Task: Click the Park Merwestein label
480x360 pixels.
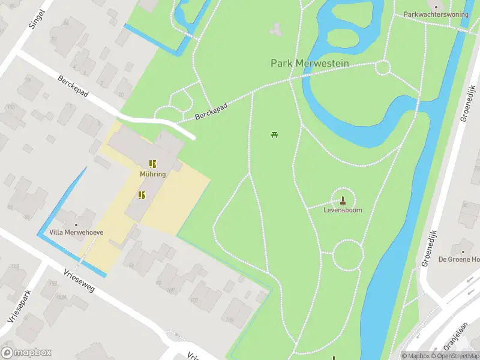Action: tap(307, 63)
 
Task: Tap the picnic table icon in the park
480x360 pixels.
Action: tap(275, 134)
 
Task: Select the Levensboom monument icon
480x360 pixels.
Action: tap(343, 200)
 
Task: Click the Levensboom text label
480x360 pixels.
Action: tap(343, 211)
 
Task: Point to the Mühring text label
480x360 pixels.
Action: tap(153, 174)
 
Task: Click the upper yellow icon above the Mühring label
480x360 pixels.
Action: tap(153, 163)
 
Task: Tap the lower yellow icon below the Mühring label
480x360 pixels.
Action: tap(142, 194)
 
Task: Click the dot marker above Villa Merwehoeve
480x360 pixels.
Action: tap(76, 224)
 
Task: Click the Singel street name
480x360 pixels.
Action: tap(37, 19)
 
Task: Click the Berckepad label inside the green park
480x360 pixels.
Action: tap(211, 112)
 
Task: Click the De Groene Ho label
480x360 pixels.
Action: tap(458, 259)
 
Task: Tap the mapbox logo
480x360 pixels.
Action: tap(26, 353)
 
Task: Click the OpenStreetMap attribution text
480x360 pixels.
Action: tap(461, 356)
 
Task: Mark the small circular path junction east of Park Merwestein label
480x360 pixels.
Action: tap(383, 67)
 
